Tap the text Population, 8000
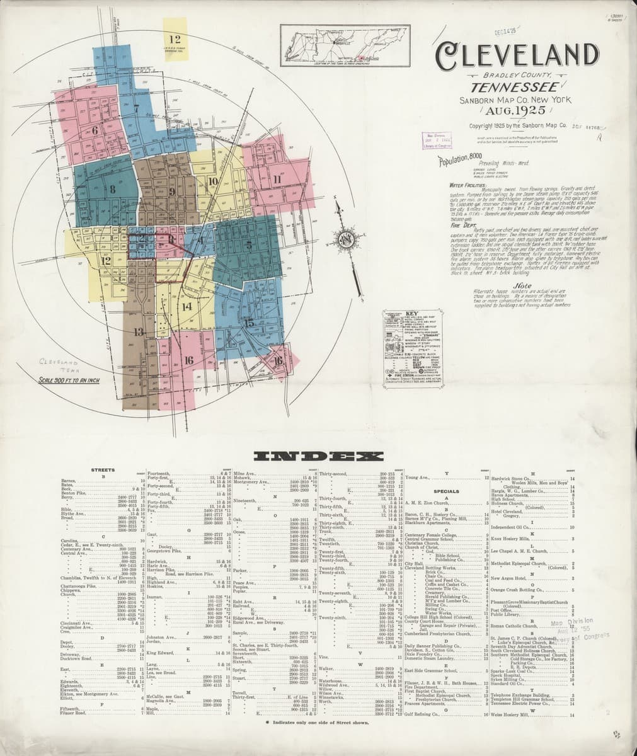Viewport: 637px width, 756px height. [x=464, y=157]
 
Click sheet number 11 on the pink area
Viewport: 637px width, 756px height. [x=276, y=178]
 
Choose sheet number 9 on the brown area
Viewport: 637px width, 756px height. [x=171, y=192]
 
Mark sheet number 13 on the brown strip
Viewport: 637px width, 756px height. [x=139, y=332]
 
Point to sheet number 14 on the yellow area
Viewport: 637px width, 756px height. [x=187, y=307]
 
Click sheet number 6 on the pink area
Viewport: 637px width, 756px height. [x=95, y=130]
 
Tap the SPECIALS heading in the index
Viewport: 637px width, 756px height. [x=446, y=491]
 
